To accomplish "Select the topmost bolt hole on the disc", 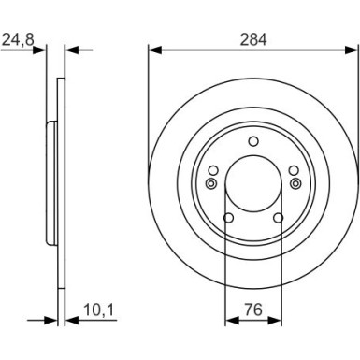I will pos(253,141).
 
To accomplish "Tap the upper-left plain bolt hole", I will pos(213,170).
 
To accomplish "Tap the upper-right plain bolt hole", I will pos(294,170).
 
